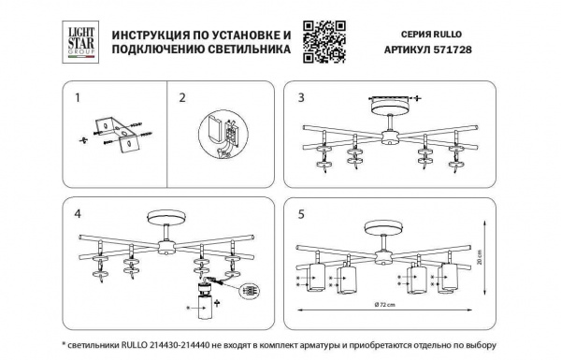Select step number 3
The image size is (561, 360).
pos(301,97)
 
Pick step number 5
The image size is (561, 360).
pos(301,212)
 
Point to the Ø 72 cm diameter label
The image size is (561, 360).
pos(384,305)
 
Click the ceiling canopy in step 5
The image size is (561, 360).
pos(380,228)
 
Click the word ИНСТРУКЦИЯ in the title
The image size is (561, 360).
pos(151,34)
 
